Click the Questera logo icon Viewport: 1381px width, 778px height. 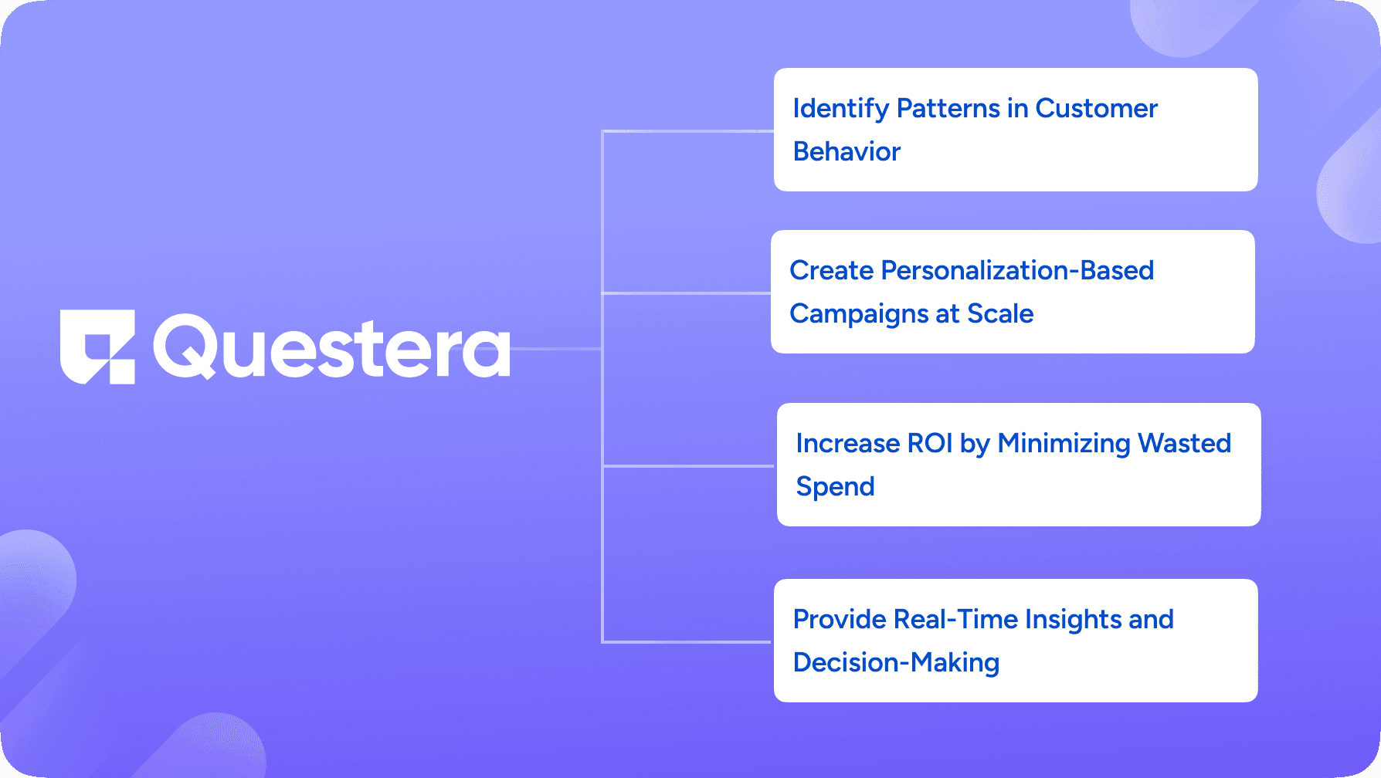[x=97, y=347]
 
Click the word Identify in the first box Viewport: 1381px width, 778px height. [x=841, y=109]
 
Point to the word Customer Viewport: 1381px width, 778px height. [x=1096, y=108]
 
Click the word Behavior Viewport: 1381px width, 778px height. [x=847, y=151]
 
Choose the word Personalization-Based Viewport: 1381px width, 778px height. [x=1017, y=270]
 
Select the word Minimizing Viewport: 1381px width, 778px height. [x=1064, y=444]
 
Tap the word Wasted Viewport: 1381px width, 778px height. [x=1185, y=443]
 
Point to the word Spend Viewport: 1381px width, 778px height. [x=835, y=487]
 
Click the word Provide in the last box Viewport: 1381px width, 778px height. [x=839, y=619]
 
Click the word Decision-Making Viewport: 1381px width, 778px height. [x=896, y=663]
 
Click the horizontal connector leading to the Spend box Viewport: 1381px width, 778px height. [x=689, y=465]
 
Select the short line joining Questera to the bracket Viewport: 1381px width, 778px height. [x=556, y=349]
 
